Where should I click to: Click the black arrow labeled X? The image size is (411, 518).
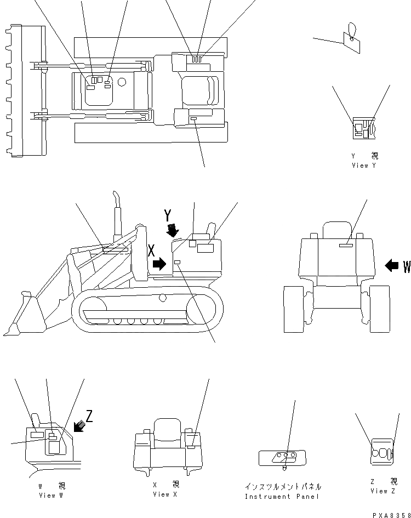(159, 265)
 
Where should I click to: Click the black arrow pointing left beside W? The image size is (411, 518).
(392, 266)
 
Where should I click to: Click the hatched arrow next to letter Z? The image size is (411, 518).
(79, 425)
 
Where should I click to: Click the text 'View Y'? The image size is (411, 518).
(364, 166)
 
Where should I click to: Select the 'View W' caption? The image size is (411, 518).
(51, 496)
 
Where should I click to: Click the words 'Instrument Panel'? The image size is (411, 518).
(282, 497)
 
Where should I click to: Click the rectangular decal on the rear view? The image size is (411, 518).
(346, 246)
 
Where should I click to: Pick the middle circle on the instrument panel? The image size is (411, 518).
(286, 455)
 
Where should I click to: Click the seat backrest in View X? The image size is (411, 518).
(167, 428)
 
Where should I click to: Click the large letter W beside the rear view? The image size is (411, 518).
(407, 267)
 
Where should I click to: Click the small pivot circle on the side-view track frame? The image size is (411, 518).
(162, 298)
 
